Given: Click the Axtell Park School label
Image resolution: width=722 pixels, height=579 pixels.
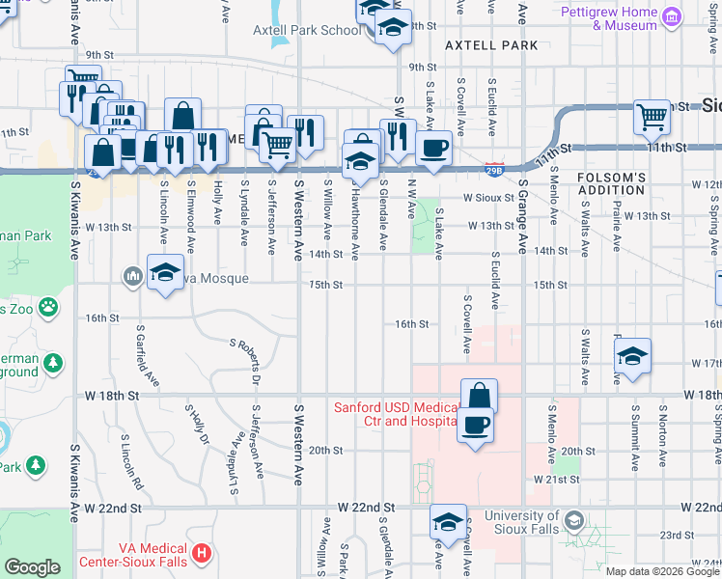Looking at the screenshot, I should (x=307, y=30).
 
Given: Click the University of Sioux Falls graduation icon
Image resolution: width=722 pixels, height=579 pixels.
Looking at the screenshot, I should (x=574, y=522).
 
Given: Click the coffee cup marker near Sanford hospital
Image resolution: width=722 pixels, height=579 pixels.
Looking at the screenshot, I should (x=474, y=426).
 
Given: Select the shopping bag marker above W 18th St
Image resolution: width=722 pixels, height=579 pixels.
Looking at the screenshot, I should (x=479, y=397).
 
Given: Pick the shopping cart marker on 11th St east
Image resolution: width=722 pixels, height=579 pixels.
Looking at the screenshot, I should (x=653, y=118).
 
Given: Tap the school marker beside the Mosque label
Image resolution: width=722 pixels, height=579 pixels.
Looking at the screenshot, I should (x=165, y=273).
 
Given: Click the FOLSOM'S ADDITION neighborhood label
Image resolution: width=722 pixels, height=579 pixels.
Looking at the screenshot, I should (x=610, y=183).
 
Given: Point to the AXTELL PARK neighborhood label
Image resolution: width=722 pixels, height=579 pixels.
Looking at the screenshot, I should (x=491, y=45).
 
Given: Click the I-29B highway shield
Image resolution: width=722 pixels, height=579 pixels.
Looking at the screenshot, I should (x=492, y=169).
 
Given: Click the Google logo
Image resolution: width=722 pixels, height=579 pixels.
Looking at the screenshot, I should (x=32, y=567).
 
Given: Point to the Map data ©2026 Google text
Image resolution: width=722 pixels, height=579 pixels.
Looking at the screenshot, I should (x=662, y=571).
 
